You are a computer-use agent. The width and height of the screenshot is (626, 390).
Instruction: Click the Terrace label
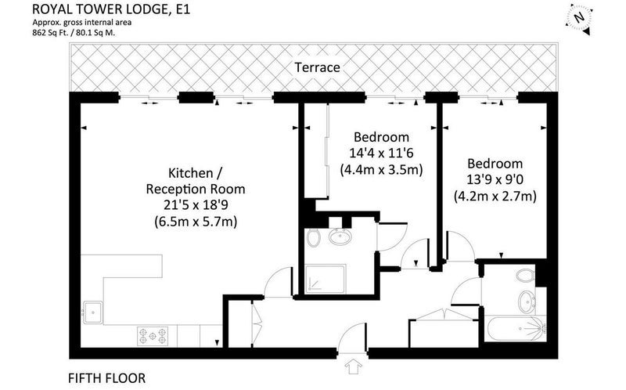coord(318,67)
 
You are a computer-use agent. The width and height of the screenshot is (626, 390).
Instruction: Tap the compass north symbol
coord(578,18)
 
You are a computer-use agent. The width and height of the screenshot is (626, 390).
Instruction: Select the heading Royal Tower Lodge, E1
coord(111,9)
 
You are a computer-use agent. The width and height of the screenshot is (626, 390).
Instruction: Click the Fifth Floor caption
coord(107,378)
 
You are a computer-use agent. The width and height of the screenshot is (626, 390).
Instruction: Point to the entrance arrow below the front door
coord(353,366)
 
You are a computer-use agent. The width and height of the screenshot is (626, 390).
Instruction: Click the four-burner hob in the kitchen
coord(153,336)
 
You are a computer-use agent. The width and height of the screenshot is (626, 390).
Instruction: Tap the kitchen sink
coord(92,312)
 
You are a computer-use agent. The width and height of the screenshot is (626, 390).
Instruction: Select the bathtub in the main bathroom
coord(515,328)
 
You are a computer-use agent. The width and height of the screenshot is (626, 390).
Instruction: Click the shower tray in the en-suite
coord(325,280)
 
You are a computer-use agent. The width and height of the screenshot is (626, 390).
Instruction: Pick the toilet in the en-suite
coord(314,238)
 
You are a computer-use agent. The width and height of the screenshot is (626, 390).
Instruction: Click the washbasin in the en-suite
coord(340,237)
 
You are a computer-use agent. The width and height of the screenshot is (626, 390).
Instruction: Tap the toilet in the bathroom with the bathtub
coord(525,276)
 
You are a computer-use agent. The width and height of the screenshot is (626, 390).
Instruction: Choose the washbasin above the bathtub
coord(527,302)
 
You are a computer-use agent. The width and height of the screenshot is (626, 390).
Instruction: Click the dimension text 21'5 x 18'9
coord(196,204)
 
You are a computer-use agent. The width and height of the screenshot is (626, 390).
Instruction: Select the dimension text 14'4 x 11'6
coord(381,153)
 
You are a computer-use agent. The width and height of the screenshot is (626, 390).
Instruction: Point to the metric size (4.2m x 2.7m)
coord(495,197)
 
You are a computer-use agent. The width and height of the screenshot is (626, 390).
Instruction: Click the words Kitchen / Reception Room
coord(196,181)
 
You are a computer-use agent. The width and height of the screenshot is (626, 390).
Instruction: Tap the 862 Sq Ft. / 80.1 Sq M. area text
coord(74,33)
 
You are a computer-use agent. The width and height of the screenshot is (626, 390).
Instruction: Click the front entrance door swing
coord(351,338)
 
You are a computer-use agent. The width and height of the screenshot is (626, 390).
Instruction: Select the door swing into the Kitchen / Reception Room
coord(279,283)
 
